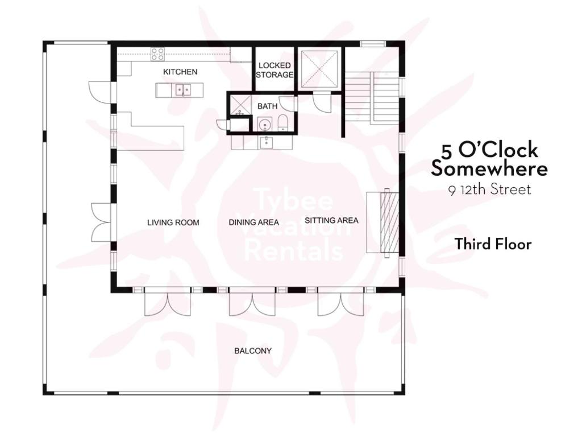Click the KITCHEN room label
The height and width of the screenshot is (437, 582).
[x=180, y=72]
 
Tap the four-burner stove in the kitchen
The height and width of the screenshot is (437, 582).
[x=157, y=54]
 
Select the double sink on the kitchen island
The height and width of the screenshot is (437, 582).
[x=183, y=90]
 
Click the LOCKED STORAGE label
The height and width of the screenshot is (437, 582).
[x=275, y=70]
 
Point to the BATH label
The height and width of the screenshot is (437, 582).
[x=267, y=106]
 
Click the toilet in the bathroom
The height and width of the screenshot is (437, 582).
[x=283, y=123]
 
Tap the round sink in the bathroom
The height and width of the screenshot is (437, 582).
[x=265, y=124]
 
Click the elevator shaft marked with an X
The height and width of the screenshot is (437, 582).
[x=319, y=70]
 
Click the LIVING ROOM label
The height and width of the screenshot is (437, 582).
[x=173, y=222]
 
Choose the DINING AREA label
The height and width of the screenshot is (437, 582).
[x=253, y=222]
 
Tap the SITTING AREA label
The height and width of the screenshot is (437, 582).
[x=331, y=220]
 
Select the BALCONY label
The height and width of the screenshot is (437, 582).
[x=253, y=351]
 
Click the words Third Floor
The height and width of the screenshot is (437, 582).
[x=493, y=244]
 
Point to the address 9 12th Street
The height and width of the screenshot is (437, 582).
[x=489, y=190]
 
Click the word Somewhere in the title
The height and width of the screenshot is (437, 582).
[x=489, y=168]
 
